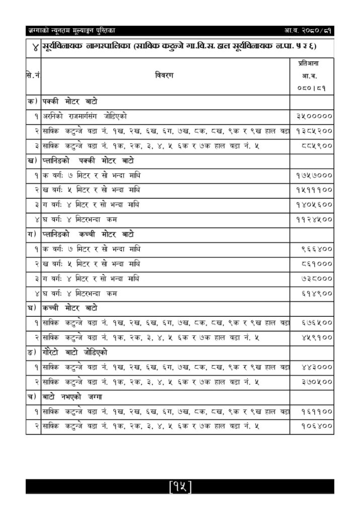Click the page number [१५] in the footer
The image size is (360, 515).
[181, 486]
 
